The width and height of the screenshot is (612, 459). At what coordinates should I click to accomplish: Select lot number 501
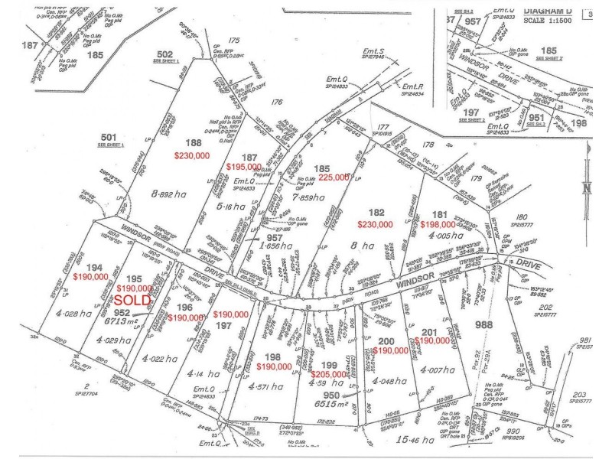coord(107,138)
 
